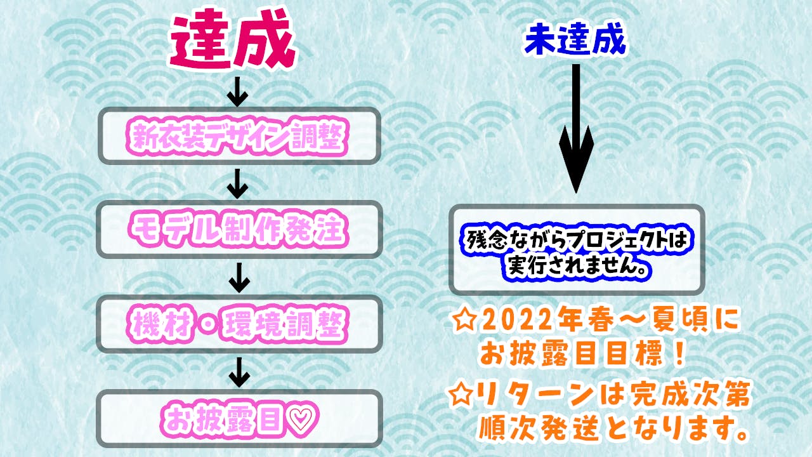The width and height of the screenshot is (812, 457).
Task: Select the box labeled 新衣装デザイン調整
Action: point(238,135)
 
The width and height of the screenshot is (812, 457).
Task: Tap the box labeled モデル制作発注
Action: point(238,229)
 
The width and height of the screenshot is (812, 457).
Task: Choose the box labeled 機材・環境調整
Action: point(238,324)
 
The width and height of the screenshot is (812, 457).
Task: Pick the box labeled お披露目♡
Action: point(238,418)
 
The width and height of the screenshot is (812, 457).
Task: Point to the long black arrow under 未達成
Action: point(575,127)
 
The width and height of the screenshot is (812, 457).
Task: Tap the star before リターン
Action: point(462,396)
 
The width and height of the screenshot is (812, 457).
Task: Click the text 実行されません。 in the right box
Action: point(576,265)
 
